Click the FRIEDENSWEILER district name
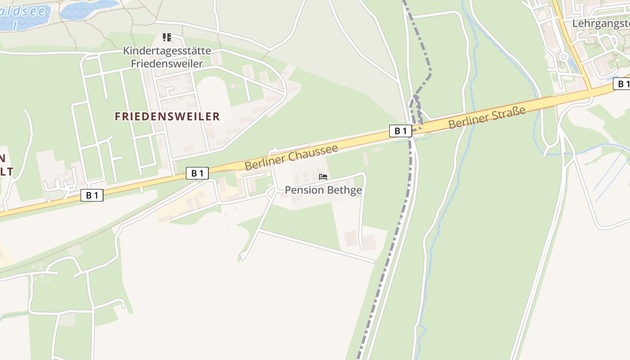167,117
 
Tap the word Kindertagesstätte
167,51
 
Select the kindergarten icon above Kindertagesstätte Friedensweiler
167,37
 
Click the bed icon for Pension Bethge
323,177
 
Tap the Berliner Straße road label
486,117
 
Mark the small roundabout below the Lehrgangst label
563,57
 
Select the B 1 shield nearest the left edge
92,195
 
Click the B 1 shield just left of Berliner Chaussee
197,173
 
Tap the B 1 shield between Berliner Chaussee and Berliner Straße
400,131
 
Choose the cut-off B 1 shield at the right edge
622,84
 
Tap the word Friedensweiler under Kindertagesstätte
167,63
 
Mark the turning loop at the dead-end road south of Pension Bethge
243,257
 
